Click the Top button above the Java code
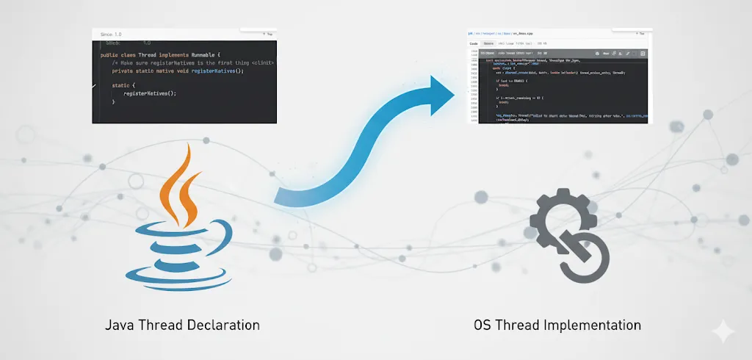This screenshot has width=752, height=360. [268, 34]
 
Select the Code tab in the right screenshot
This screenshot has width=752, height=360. [474, 43]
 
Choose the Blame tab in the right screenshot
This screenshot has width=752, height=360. [488, 43]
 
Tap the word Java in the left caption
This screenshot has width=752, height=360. [120, 325]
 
